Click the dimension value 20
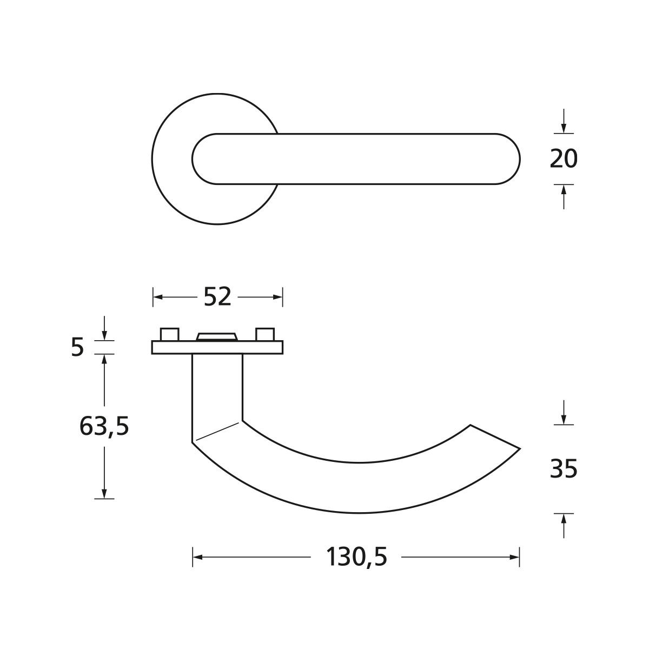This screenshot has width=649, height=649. coord(564,159)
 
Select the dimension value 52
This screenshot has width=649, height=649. coord(217,297)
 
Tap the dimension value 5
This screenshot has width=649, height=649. coord(77,347)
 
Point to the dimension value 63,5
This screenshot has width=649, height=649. coord(104,426)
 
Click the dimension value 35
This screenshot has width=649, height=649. coord(564,468)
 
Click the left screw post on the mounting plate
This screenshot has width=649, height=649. coord(169,334)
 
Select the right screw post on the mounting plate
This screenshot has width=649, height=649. coord(265,334)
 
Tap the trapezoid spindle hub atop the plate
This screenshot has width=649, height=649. coord(217,337)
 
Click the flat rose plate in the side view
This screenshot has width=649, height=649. coord(217,347)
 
